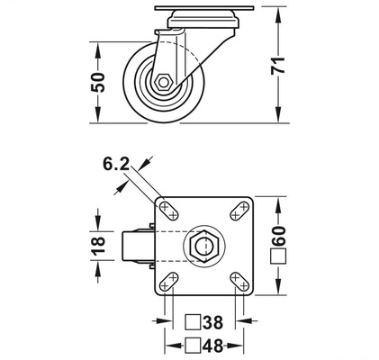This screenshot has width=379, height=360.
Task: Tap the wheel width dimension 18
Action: [100, 245]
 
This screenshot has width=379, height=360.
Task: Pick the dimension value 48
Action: [212, 344]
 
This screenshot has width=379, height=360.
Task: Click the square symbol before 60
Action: [278, 256]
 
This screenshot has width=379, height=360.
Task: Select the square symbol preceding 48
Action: [191, 344]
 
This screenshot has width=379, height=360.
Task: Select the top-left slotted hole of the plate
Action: [168, 211]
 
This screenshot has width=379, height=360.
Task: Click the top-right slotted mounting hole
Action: [239, 211]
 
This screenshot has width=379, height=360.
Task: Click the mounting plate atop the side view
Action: [194, 11]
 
